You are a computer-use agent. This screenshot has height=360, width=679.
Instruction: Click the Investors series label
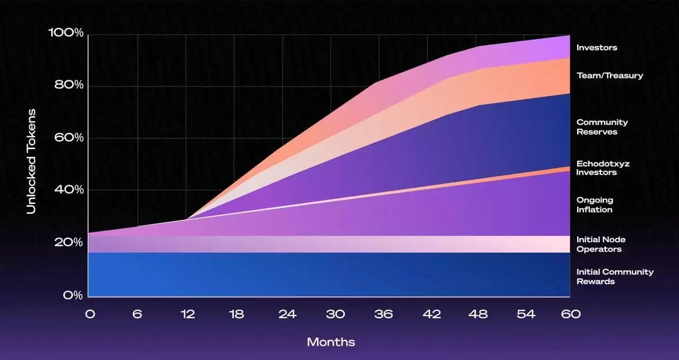pyautogui.click(x=597, y=48)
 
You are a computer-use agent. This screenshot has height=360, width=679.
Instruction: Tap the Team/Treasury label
pyautogui.click(x=610, y=75)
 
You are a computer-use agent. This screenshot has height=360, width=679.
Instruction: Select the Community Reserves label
pyautogui.click(x=602, y=127)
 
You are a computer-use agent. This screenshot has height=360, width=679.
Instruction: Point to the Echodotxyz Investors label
pyautogui.click(x=603, y=168)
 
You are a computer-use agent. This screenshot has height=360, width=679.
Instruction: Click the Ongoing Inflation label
pyautogui.click(x=595, y=205)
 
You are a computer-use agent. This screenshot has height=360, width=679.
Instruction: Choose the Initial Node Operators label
pyautogui.click(x=601, y=244)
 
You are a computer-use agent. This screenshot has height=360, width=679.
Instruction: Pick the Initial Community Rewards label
pyautogui.click(x=615, y=276)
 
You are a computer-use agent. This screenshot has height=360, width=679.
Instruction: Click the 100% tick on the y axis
pyautogui.click(x=66, y=33)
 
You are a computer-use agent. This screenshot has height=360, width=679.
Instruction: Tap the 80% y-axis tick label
pyautogui.click(x=69, y=85)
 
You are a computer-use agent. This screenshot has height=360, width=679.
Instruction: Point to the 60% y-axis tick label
pyautogui.click(x=69, y=137)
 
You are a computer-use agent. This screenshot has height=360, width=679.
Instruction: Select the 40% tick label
pyautogui.click(x=69, y=189)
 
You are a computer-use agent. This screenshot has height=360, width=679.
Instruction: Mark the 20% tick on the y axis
pyautogui.click(x=69, y=242)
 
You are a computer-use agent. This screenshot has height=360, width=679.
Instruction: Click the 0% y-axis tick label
pyautogui.click(x=73, y=295)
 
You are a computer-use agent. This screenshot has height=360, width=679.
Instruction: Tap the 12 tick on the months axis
pyautogui.click(x=187, y=314)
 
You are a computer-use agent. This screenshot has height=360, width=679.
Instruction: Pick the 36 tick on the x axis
pyautogui.click(x=383, y=314)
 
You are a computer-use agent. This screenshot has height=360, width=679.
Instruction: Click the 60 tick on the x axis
pyautogui.click(x=571, y=314)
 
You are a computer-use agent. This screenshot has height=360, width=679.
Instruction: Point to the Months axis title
pyautogui.click(x=331, y=342)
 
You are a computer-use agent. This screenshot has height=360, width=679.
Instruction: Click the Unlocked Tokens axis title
pyautogui.click(x=31, y=161)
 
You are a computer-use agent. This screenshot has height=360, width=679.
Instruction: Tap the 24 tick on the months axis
pyautogui.click(x=287, y=314)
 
